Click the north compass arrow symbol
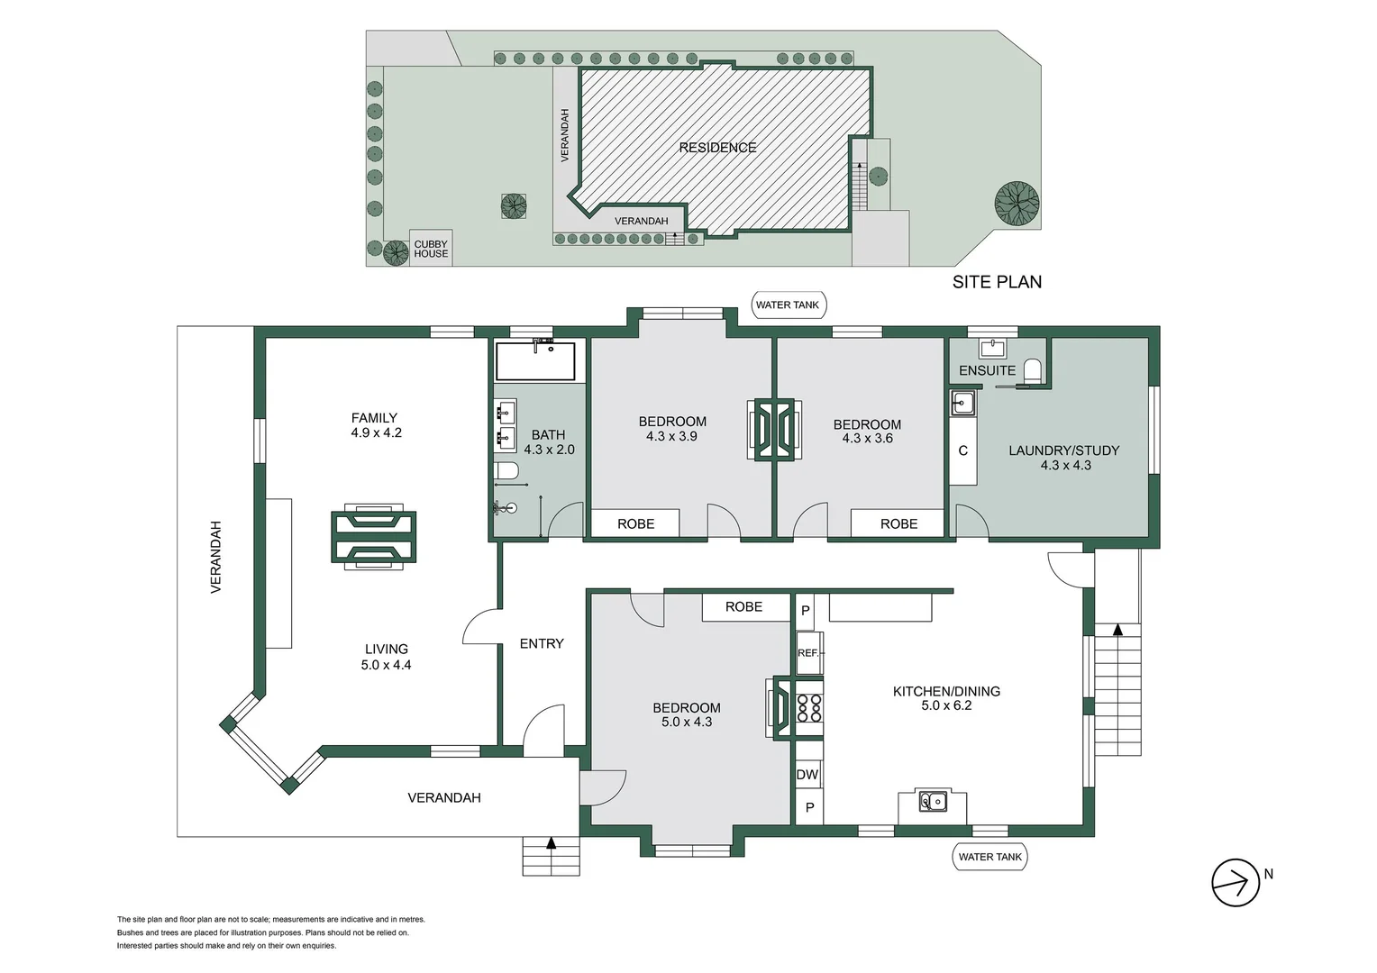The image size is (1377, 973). [1235, 883]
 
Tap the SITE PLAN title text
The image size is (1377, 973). [997, 282]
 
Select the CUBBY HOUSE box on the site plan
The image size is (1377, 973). [431, 249]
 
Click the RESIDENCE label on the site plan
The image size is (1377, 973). [717, 148]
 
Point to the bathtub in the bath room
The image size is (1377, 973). [535, 360]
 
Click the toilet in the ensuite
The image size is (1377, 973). [1033, 371]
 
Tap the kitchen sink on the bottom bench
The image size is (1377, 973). [933, 800]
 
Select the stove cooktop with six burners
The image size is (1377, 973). [809, 707]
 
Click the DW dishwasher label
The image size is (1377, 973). [807, 775]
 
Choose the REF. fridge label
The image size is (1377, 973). [808, 653]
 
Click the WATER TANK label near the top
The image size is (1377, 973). [788, 305]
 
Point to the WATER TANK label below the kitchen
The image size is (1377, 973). [989, 857]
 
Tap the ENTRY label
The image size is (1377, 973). [542, 643]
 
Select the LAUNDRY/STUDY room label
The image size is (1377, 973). [1063, 450]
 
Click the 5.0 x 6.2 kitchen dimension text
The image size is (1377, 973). [946, 705]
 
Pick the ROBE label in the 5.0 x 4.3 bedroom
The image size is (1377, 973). [743, 607]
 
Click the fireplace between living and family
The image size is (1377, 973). [373, 537]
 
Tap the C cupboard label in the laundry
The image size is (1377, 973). [962, 450]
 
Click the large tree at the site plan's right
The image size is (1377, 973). [1017, 203]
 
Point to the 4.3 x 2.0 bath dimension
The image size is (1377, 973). [549, 450]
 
